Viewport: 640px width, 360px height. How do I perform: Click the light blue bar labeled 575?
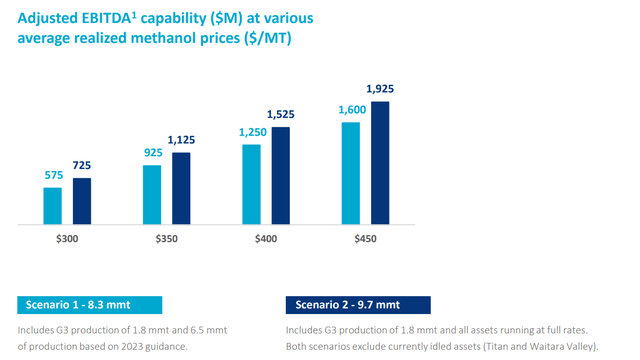pos(52,205)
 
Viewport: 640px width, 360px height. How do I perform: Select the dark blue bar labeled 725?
pos(81,200)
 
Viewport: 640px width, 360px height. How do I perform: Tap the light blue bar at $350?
pos(152,194)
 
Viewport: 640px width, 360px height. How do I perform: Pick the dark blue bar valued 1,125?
pos(181,187)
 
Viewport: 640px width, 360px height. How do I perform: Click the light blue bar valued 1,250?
pos(251,183)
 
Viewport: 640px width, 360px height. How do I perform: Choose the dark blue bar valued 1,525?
pos(281,174)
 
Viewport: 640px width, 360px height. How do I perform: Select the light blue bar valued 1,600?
pos(351,172)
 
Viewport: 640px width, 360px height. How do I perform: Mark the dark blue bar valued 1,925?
pos(380,162)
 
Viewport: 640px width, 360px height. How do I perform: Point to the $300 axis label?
pos(66,239)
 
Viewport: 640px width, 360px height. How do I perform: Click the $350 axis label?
pos(166,239)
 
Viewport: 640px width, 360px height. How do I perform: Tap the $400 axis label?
pos(266,239)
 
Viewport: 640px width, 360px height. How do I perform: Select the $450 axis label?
pos(365,239)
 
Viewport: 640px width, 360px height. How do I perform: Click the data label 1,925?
pos(381,90)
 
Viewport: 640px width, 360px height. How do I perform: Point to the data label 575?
pos(52,176)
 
